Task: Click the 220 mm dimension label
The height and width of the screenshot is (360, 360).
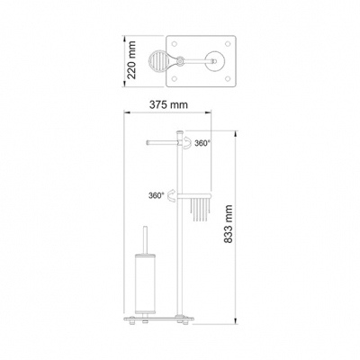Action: (x=131, y=60)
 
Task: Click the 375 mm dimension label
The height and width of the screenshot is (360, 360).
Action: (x=168, y=104)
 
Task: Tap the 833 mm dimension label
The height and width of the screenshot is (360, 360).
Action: (x=228, y=224)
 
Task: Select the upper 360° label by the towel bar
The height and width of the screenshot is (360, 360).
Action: (x=202, y=143)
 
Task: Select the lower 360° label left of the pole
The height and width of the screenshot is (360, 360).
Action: (x=157, y=195)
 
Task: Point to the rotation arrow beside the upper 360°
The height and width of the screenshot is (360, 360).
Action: (x=188, y=142)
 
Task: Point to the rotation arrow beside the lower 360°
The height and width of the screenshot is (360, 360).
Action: (x=172, y=195)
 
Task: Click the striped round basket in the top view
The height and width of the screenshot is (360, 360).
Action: (x=159, y=61)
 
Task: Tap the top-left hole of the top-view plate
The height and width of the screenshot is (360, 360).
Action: (x=174, y=44)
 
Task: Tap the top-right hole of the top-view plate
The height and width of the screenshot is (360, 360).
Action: (x=228, y=44)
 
